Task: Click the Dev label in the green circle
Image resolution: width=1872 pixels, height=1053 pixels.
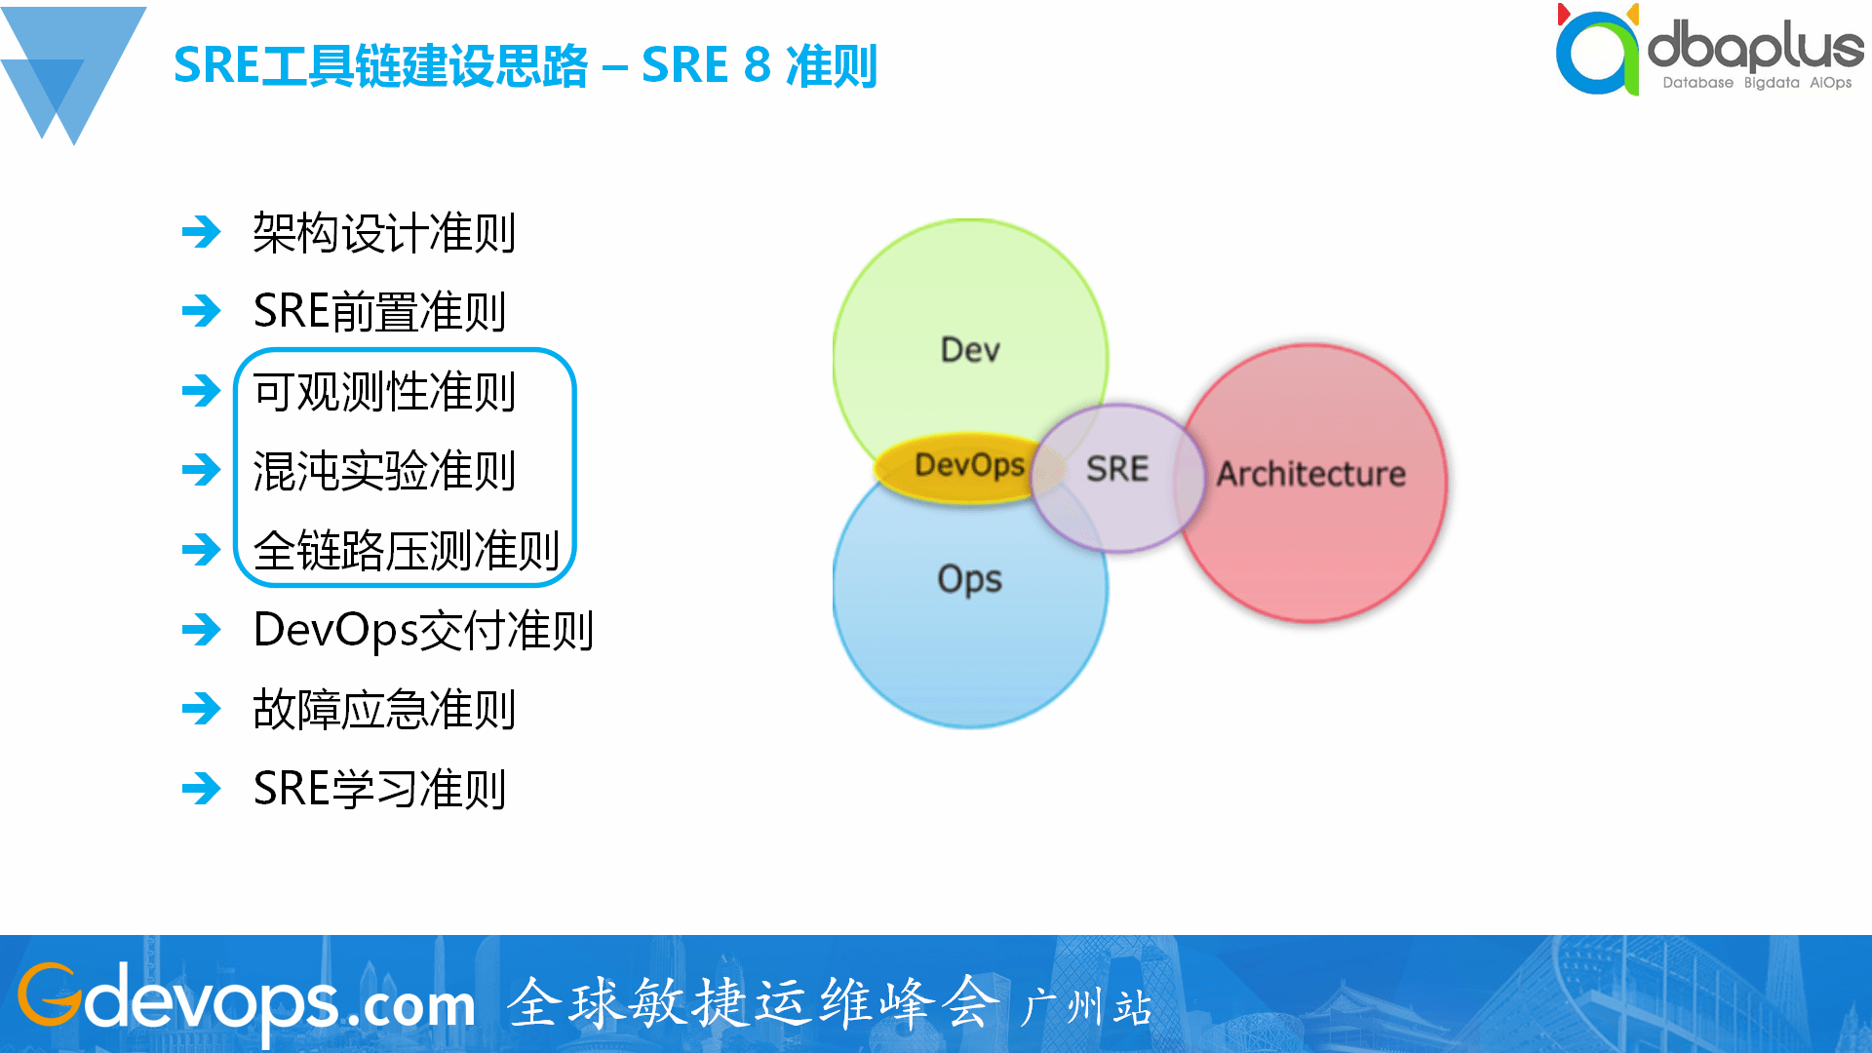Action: [970, 350]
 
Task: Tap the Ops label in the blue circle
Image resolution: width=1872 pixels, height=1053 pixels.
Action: [969, 579]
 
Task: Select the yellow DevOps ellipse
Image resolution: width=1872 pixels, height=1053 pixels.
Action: [968, 466]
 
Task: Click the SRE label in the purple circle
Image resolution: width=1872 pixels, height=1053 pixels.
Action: [1117, 469]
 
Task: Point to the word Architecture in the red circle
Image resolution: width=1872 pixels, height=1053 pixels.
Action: [1310, 475]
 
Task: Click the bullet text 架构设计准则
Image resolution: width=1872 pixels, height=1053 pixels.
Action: [384, 234]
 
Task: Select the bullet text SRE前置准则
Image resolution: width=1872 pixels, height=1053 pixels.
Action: [379, 312]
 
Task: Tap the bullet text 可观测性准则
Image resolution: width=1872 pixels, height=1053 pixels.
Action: [384, 392]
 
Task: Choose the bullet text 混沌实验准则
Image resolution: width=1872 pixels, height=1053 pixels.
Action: [384, 471]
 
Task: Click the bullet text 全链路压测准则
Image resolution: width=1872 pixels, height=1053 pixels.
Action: [406, 551]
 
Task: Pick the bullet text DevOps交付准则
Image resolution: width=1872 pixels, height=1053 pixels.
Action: [423, 630]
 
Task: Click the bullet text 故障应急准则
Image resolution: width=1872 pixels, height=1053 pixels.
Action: [384, 710]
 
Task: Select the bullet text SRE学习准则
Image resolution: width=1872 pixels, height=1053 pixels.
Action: [379, 789]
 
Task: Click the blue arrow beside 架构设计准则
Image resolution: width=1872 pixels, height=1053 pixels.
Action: [202, 232]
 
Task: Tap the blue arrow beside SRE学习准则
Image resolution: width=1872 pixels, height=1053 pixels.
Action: [202, 788]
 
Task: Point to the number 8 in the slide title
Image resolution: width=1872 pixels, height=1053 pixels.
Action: [757, 66]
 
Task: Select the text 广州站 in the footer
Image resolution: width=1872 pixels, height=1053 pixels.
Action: [1086, 1007]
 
